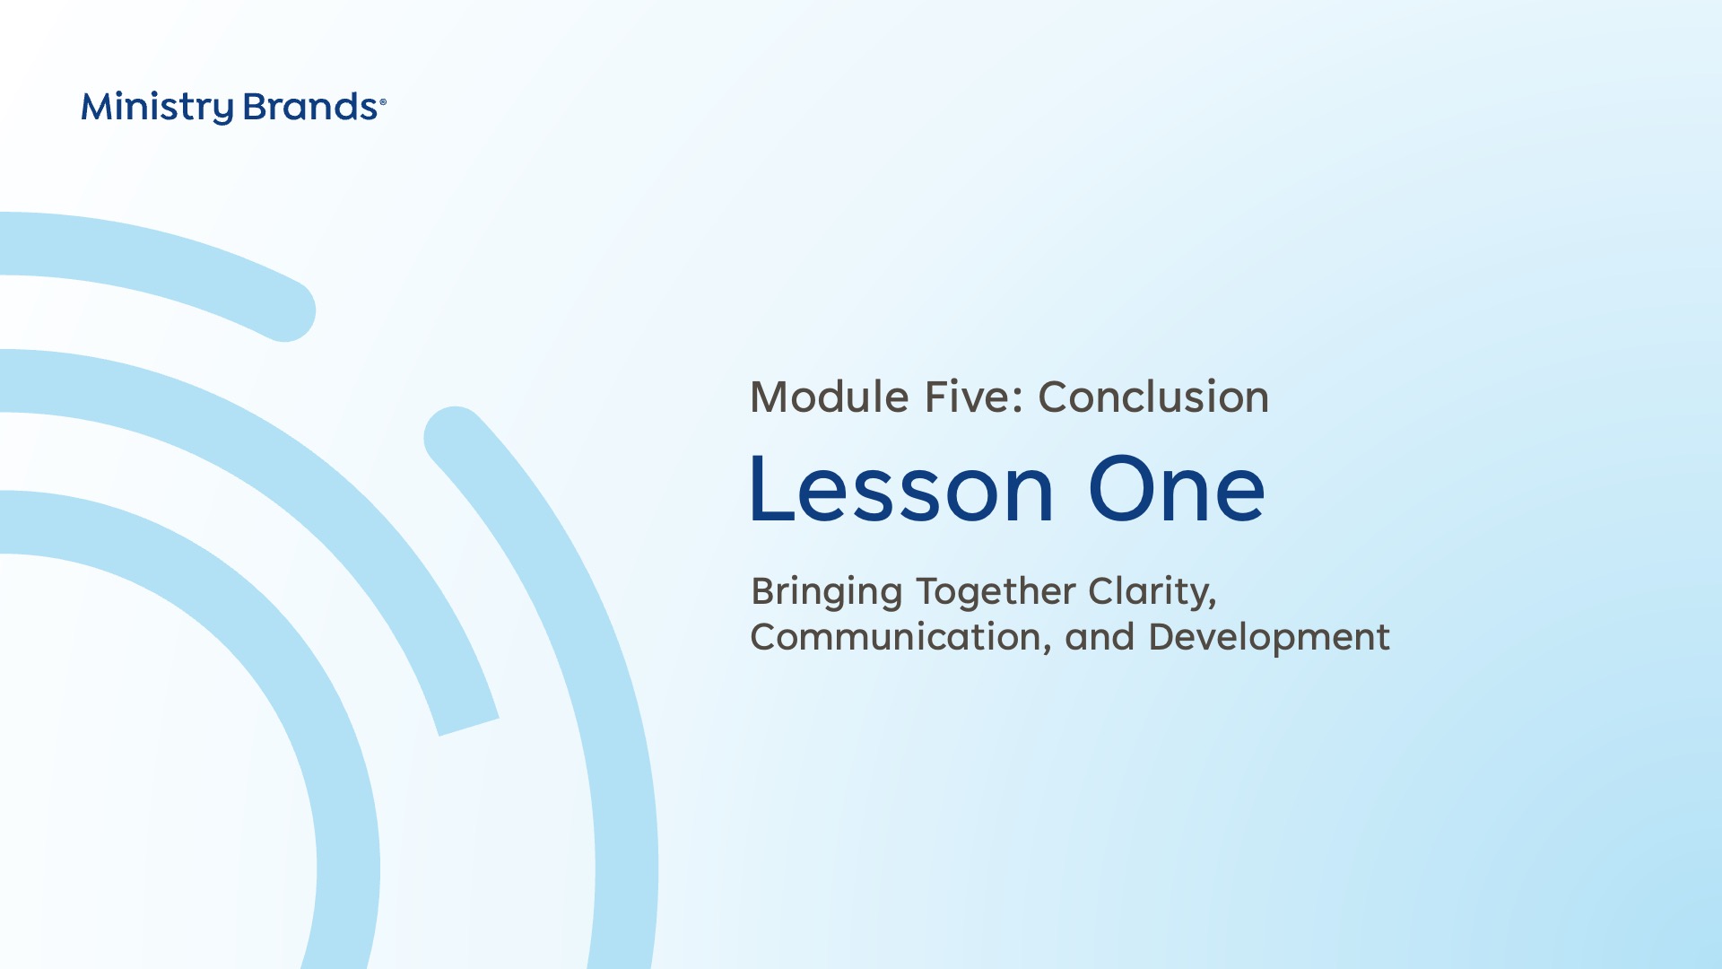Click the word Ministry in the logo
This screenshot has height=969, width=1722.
tap(157, 108)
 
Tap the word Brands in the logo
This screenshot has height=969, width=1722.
tap(310, 107)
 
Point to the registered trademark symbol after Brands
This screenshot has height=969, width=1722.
tap(383, 102)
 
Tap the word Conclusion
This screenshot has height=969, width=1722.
tap(1154, 397)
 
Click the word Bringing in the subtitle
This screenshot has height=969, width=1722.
tap(827, 593)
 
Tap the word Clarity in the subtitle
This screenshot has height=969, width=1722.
tap(1152, 593)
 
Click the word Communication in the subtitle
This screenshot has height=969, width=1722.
tap(900, 637)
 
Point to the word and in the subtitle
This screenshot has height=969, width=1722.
tap(1100, 637)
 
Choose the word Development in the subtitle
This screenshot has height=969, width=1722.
tap(1269, 638)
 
